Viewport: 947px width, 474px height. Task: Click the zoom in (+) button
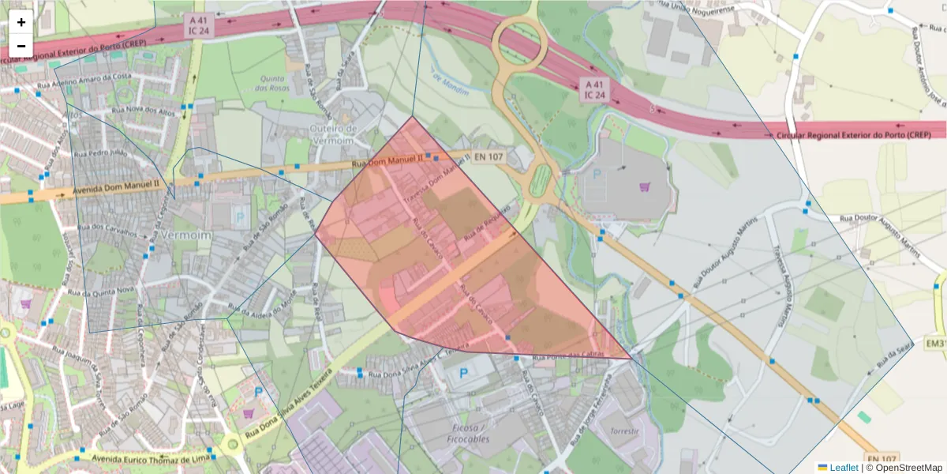(x=21, y=22)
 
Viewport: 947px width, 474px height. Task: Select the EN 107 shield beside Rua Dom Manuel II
(x=488, y=157)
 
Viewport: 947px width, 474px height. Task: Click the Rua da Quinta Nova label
(x=103, y=291)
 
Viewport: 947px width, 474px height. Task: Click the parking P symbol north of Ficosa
(x=463, y=373)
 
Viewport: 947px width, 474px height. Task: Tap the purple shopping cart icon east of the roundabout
(x=645, y=187)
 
